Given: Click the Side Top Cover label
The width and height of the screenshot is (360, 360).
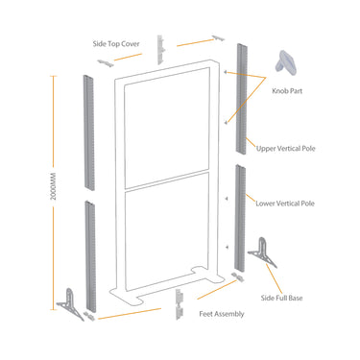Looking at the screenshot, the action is pos(116,44).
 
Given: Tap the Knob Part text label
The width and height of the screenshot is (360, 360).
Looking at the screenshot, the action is pos(287,91).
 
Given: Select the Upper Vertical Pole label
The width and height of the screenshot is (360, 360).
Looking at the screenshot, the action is pos(286,149).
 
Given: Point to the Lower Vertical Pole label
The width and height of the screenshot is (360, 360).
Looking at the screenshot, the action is pos(285,204).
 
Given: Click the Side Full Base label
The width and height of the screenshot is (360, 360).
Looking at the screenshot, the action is pos(281,298).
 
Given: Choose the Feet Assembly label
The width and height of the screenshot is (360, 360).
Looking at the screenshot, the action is pos(222,314).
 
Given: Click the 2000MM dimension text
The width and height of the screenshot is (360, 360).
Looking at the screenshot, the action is pos(54,186).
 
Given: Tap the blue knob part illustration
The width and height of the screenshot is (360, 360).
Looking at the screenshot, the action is pos(285,61).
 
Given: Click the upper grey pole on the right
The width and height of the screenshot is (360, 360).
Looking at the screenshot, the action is pos(241,99).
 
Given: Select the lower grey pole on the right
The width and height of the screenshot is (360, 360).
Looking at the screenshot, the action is pos(240,218).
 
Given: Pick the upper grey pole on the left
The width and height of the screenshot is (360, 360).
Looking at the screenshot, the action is pos(89,132).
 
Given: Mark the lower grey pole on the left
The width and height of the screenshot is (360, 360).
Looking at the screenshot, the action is pos(90,256).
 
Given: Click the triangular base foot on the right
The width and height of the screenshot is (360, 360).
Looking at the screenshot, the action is pos(262,252).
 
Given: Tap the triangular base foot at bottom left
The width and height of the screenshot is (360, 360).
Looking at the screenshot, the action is pos(70,303).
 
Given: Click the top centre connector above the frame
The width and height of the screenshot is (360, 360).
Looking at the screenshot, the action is pos(160,50).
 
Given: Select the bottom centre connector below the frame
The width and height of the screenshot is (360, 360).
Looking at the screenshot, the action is pos(179,304).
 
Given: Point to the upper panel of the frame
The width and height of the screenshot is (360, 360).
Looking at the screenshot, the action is pos(167,128).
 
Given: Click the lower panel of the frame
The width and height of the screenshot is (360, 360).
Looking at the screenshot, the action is pos(167,231).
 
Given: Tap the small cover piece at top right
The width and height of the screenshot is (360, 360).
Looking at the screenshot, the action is pos(219,37).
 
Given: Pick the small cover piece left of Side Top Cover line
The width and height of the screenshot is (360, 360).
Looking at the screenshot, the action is pos(106,63).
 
